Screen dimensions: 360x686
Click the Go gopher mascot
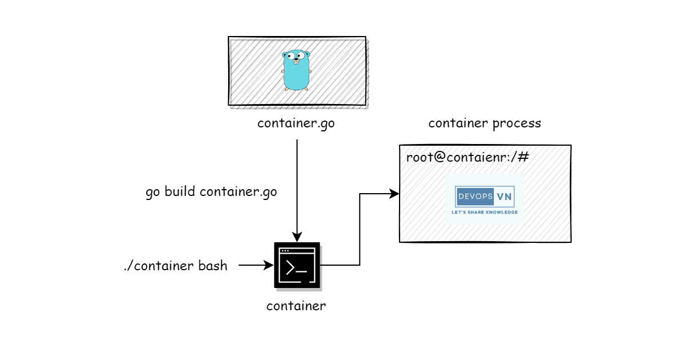click(296, 71)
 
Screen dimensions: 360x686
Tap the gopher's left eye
click(291, 57)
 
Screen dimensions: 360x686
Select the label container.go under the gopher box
click(296, 123)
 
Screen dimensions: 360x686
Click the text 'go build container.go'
click(211, 192)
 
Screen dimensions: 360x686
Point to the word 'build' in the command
click(181, 192)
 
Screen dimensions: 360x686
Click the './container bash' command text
click(175, 266)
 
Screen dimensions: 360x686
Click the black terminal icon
click(296, 266)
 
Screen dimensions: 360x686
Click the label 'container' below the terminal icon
click(296, 306)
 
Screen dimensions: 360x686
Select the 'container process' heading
click(484, 123)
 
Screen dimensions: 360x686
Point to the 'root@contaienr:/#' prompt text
click(468, 158)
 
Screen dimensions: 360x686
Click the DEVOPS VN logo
click(485, 200)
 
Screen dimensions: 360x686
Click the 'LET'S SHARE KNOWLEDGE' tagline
click(485, 212)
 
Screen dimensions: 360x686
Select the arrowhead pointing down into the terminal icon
click(297, 237)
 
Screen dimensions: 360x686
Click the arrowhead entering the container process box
click(394, 194)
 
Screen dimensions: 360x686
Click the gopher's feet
click(296, 89)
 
